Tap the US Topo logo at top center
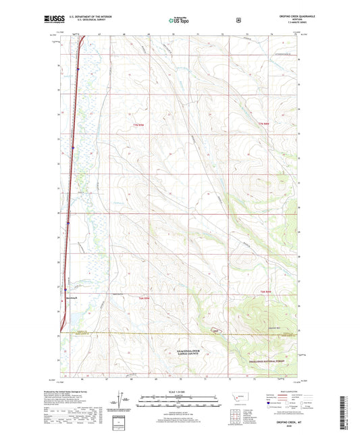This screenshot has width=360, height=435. [x=180, y=20]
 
